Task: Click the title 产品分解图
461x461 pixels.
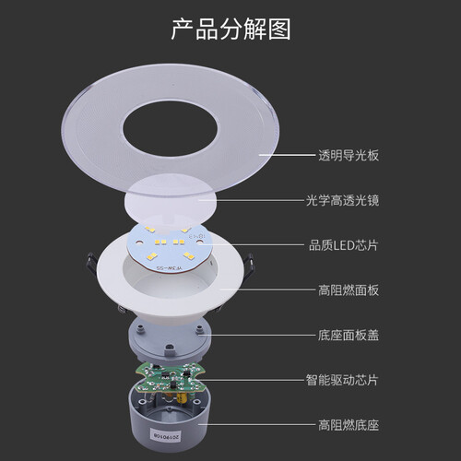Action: [230, 29]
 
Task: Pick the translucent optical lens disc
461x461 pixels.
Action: [172, 198]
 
